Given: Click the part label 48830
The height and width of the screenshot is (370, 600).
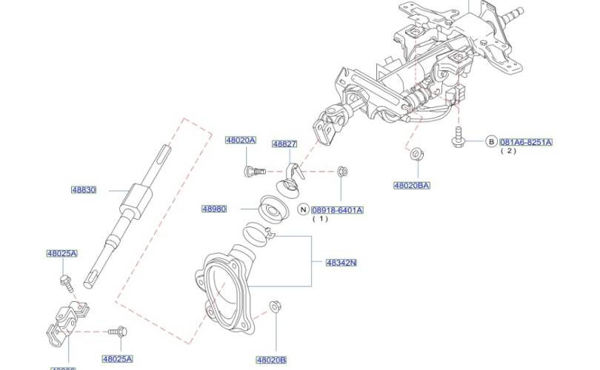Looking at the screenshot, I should pos(84,189).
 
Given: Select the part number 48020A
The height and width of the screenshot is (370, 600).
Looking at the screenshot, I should pos(241,140).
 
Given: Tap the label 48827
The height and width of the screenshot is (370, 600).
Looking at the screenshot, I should pos(284,144).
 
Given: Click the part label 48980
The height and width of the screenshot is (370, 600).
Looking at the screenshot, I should pos(213,209).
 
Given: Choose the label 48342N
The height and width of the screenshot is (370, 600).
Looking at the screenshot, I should pos(341,262).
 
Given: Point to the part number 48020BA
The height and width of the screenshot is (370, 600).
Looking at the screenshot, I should pos(412,185).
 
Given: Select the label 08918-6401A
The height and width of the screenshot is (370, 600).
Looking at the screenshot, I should pos(337,210).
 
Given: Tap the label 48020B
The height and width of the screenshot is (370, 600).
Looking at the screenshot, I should pos(271,360).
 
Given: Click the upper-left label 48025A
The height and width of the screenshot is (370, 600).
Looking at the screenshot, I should pos(62,253).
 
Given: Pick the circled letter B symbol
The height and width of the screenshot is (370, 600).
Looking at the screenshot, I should pos(490,141).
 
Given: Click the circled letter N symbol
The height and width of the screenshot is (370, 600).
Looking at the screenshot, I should pos(302,210).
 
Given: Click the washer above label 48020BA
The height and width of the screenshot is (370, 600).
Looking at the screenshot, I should pos(416,155).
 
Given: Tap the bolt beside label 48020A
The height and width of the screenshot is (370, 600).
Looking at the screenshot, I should pos(251,172).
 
